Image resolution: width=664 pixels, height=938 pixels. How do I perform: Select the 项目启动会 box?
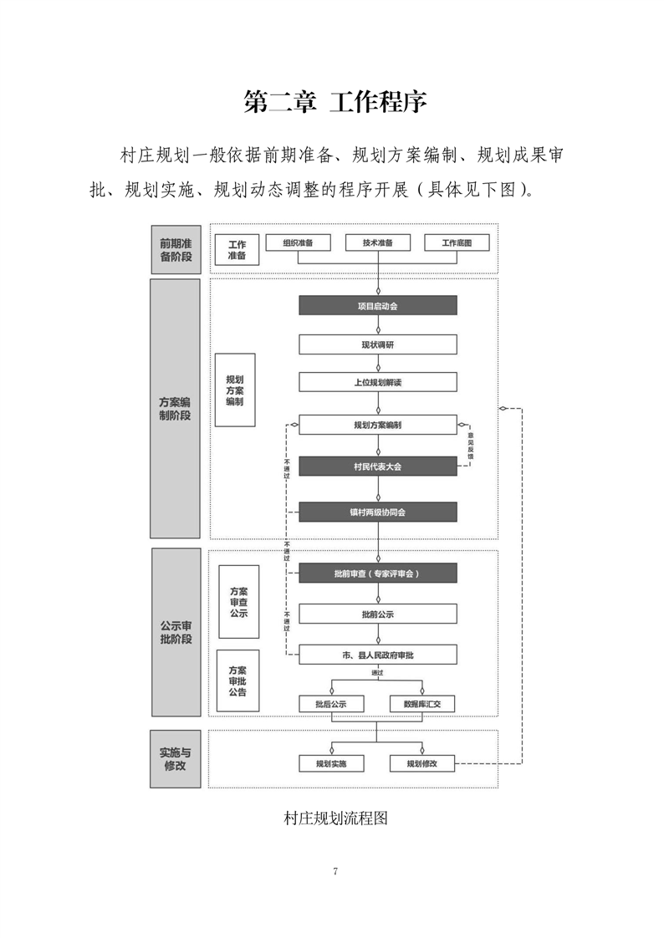click(x=378, y=306)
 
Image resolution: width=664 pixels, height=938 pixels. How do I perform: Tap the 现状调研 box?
click(x=378, y=344)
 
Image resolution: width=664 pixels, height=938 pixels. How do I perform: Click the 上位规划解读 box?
click(x=378, y=382)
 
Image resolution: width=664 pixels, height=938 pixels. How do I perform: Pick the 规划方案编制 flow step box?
click(x=378, y=425)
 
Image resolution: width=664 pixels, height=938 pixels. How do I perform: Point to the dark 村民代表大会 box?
click(x=378, y=466)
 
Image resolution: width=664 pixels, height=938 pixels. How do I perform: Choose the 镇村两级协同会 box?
click(x=378, y=512)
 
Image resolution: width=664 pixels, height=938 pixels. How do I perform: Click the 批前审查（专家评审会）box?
click(x=378, y=574)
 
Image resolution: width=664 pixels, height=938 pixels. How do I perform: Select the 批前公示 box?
click(x=378, y=614)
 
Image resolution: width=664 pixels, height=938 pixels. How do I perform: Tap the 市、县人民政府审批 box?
click(x=378, y=655)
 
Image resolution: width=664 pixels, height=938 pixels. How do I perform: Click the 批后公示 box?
click(x=331, y=704)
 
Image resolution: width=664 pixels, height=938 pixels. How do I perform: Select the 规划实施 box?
click(x=331, y=763)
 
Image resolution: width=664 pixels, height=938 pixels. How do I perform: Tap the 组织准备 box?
click(x=298, y=242)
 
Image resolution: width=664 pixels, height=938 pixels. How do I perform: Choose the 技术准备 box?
click(x=378, y=242)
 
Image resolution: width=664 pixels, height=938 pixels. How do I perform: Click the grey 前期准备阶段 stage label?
click(x=176, y=249)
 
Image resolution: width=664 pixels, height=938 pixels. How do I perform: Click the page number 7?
click(x=335, y=872)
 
